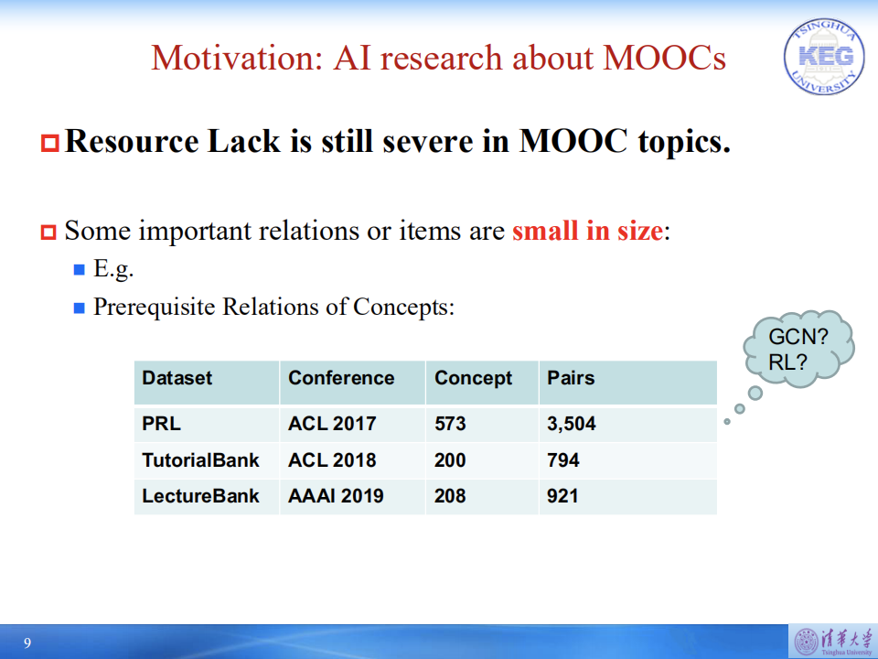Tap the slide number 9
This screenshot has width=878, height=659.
(x=27, y=643)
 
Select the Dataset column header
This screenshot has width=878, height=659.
(x=177, y=378)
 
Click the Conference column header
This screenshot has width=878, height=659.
(x=341, y=378)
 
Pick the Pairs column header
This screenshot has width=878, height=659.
(x=571, y=378)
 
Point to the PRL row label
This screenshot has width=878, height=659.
(x=162, y=424)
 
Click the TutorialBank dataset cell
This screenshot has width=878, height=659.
(x=200, y=459)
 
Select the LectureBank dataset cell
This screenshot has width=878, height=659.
(x=200, y=496)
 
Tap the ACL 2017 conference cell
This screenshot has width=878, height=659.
(x=332, y=424)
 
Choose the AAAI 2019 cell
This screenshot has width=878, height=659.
(x=336, y=496)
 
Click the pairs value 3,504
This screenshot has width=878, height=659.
(x=572, y=424)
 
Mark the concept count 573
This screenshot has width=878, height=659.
(x=450, y=424)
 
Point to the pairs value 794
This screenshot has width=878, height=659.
(x=563, y=459)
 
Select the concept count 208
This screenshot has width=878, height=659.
(x=450, y=496)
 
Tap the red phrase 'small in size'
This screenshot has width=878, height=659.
(x=586, y=231)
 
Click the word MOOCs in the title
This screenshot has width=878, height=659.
(x=665, y=58)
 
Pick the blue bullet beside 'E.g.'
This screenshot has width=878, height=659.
(x=79, y=270)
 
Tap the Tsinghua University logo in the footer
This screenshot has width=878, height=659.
(x=830, y=642)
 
